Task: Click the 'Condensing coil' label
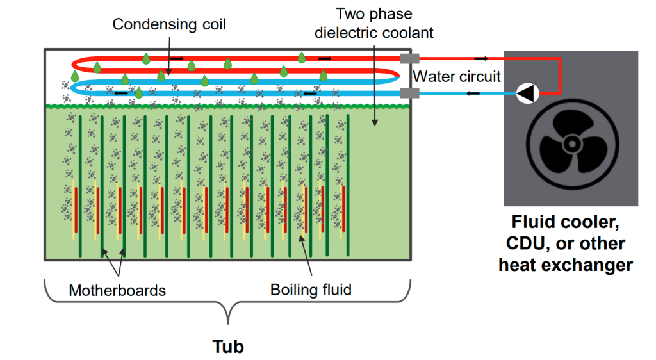(x=169, y=25)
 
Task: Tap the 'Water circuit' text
(x=457, y=77)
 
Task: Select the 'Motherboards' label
(x=117, y=290)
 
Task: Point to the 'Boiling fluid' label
(x=311, y=290)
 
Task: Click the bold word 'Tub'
(x=228, y=347)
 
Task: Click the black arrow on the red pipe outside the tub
(x=480, y=59)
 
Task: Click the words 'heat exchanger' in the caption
(x=566, y=264)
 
